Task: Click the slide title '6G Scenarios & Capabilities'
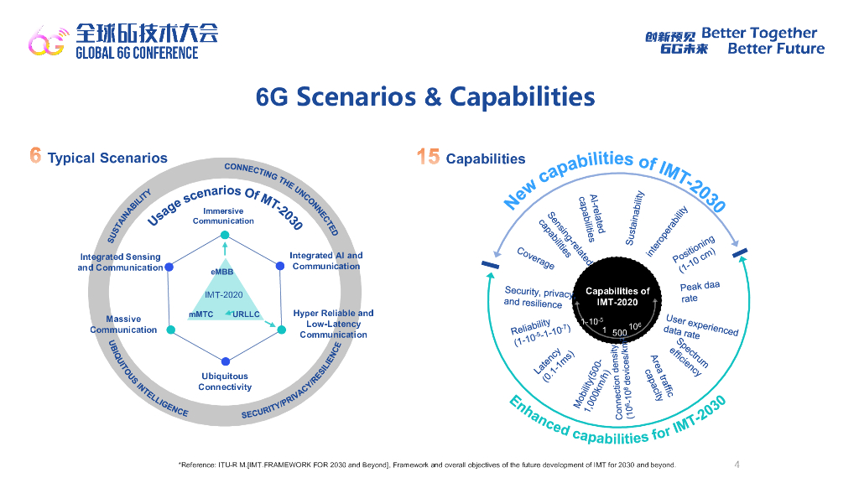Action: tap(425, 97)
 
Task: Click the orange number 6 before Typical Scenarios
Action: tap(35, 157)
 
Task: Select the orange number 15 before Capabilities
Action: tap(428, 157)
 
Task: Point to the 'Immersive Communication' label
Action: tap(223, 216)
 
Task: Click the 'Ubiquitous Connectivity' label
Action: tap(225, 382)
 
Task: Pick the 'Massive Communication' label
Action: tap(123, 325)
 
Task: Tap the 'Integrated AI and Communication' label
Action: tap(326, 261)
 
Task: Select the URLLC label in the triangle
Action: tap(247, 314)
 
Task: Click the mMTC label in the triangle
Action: tap(202, 314)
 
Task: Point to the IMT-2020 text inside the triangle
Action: tap(223, 294)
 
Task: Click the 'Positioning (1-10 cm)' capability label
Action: tap(697, 256)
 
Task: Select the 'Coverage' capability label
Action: tap(535, 258)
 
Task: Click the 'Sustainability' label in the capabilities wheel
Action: tap(637, 216)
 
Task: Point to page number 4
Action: tap(737, 465)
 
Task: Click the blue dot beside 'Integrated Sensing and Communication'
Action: tap(170, 267)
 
